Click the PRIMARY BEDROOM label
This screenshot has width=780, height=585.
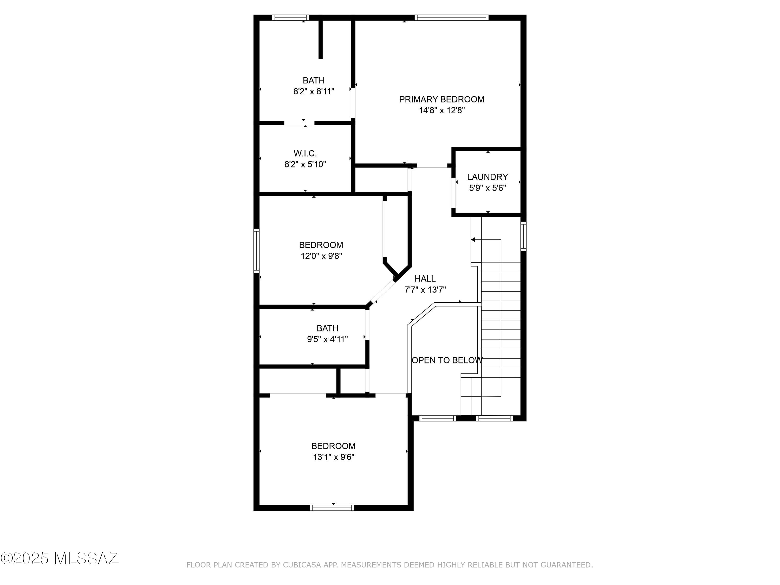441,99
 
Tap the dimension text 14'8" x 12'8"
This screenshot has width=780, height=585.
441,111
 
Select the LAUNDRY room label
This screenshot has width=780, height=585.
487,177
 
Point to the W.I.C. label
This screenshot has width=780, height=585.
305,153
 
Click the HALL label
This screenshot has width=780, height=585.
425,278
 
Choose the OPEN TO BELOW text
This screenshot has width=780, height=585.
447,360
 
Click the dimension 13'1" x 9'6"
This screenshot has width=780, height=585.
333,457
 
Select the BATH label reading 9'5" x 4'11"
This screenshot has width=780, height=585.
327,328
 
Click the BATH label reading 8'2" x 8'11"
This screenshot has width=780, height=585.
314,80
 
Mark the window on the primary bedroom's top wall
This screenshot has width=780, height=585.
451,18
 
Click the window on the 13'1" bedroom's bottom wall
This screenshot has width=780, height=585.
332,508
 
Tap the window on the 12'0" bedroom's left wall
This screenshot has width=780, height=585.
257,251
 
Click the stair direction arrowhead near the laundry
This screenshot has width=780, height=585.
473,240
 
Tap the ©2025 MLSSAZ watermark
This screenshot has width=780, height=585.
59,558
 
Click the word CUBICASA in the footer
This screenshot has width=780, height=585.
302,565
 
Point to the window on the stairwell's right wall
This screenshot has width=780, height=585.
524,236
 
